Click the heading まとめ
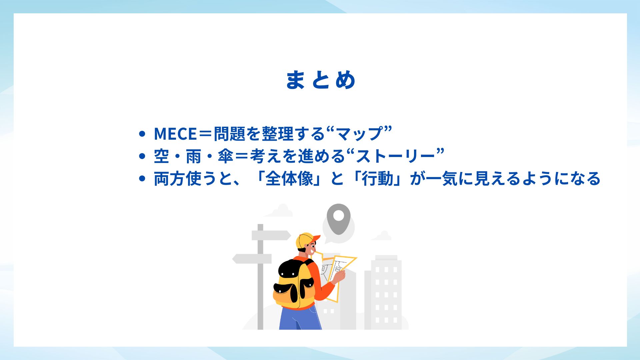321,80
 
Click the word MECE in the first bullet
175,134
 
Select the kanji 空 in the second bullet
162,156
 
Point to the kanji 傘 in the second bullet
225,156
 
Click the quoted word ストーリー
395,156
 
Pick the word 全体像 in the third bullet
289,179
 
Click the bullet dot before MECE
142,134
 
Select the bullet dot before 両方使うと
142,179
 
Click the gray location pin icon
338,219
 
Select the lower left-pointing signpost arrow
252,259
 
